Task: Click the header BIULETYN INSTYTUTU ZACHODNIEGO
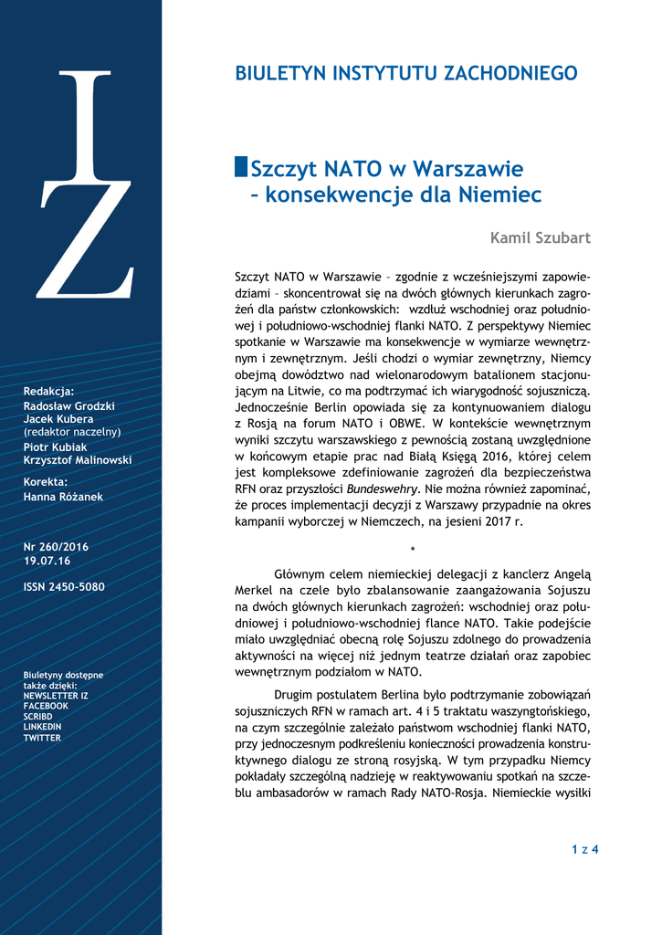click(x=406, y=74)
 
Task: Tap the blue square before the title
click(x=241, y=167)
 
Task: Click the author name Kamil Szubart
click(x=541, y=238)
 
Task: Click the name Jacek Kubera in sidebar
click(x=58, y=419)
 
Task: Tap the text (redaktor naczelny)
click(x=72, y=432)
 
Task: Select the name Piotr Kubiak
click(x=56, y=447)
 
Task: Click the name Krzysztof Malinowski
click(x=78, y=460)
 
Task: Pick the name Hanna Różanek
click(x=62, y=496)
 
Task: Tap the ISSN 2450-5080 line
click(x=64, y=587)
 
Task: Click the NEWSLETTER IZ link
click(x=56, y=696)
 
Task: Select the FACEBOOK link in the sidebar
click(x=46, y=706)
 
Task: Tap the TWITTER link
click(x=42, y=738)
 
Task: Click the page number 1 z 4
click(x=584, y=850)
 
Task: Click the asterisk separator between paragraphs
click(x=413, y=549)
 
